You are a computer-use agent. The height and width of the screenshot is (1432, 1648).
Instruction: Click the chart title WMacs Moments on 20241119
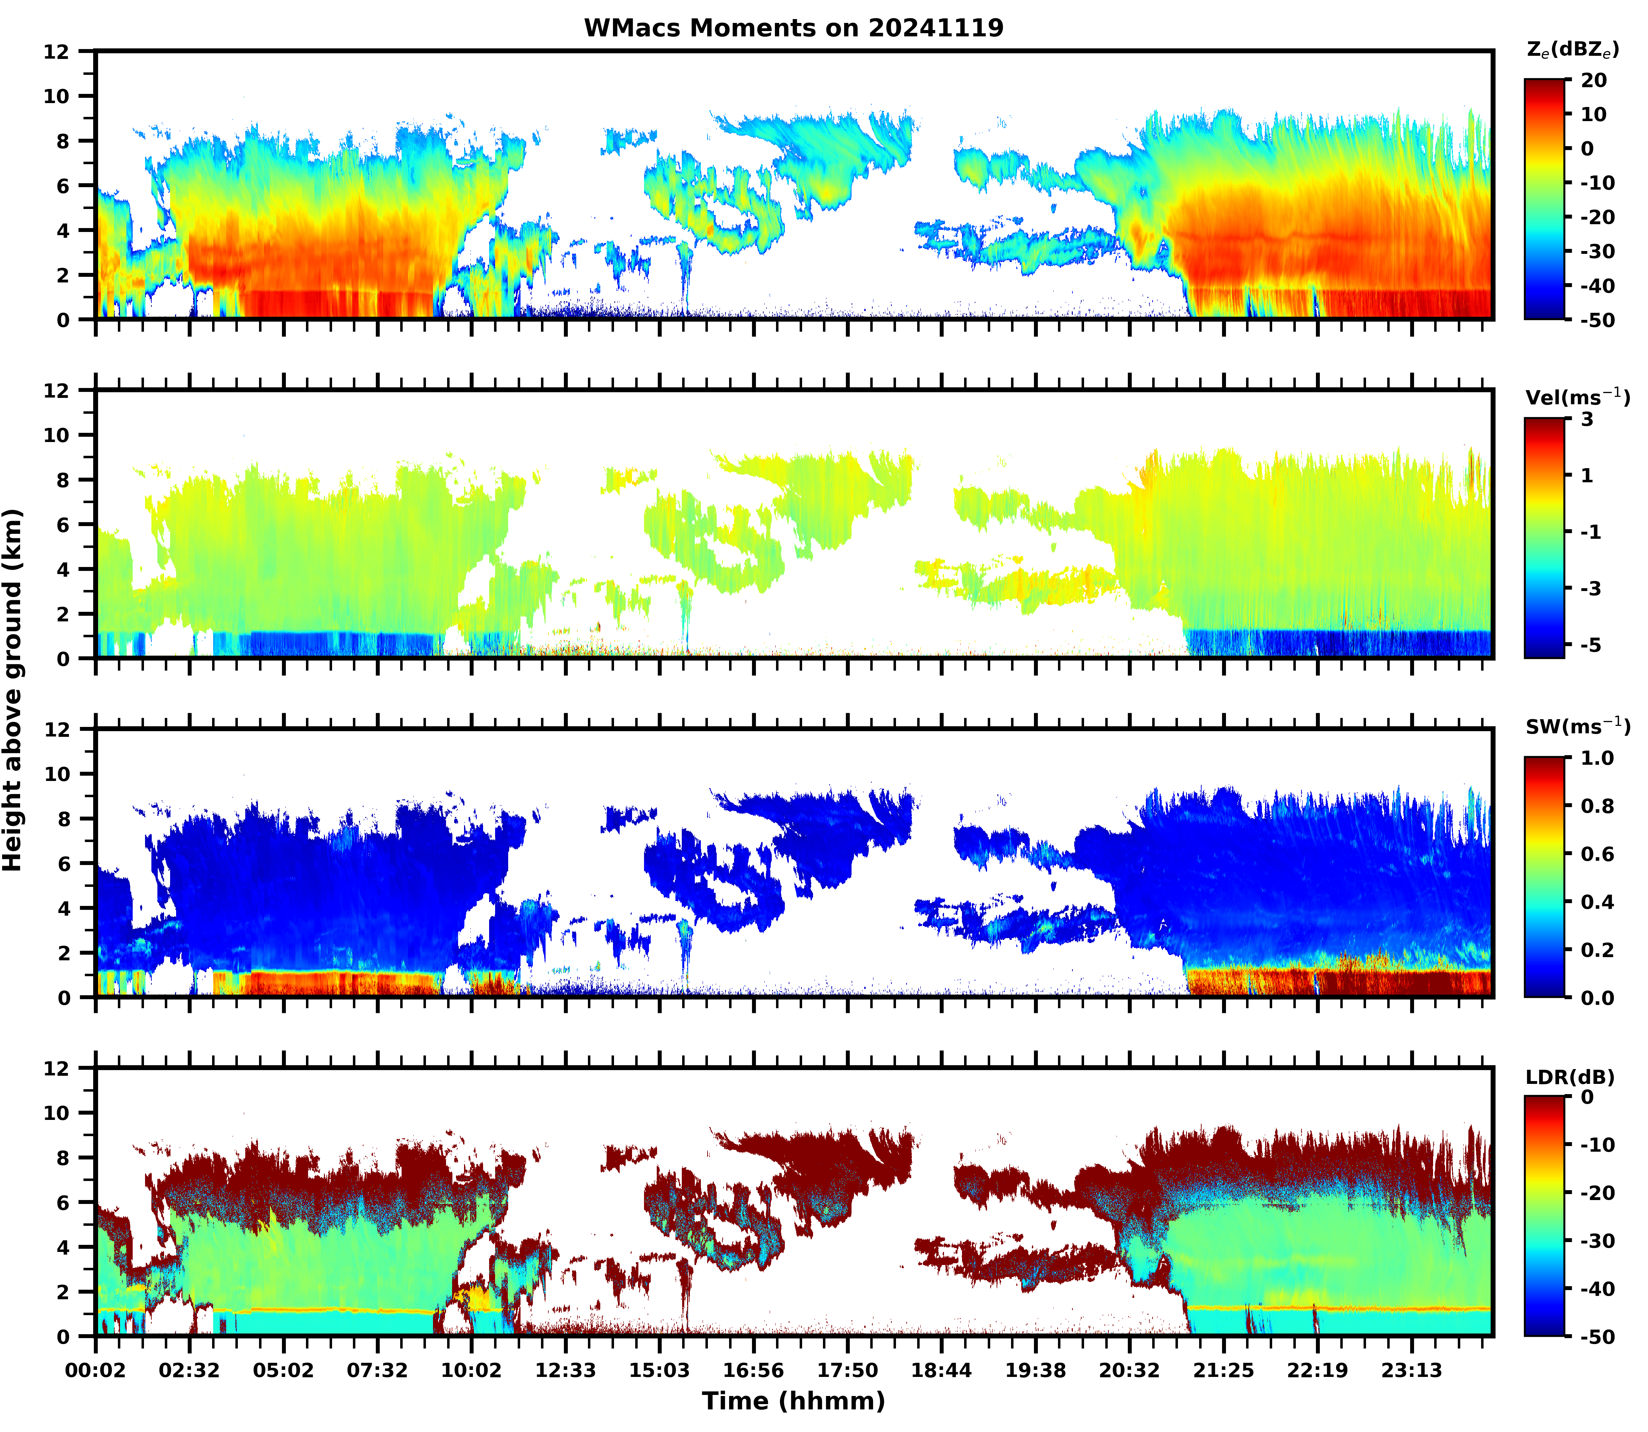(x=793, y=28)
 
